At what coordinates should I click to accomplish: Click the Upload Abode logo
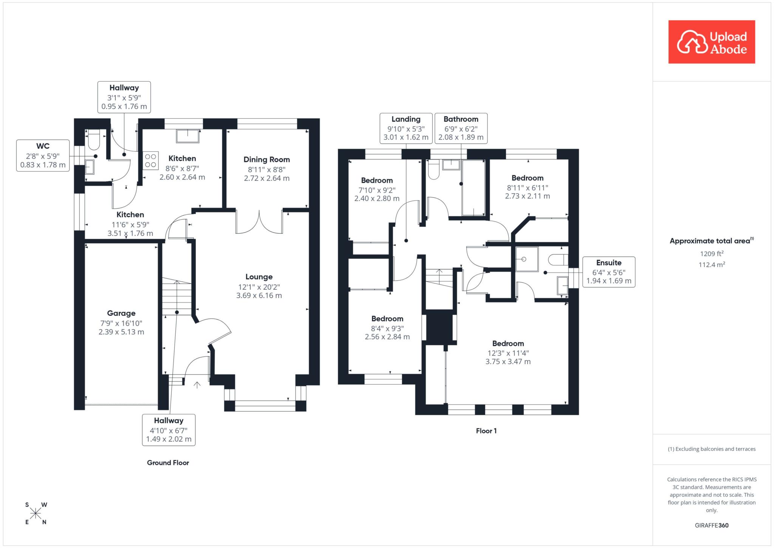tap(711, 42)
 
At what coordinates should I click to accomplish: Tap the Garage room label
tap(121, 313)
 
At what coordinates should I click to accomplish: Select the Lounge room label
tap(259, 277)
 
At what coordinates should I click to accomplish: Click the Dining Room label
tap(266, 160)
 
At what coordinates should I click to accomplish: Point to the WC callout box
tap(43, 155)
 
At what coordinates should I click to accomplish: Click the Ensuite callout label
tap(608, 263)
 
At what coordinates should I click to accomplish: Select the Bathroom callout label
tap(461, 120)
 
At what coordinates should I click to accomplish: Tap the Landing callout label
tap(406, 120)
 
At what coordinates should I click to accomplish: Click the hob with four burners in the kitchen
tap(150, 160)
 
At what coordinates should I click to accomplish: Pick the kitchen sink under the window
tap(187, 136)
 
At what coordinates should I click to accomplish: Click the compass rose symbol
tap(36, 513)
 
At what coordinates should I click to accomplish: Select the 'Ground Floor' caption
tap(168, 463)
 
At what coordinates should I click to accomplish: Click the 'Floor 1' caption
tap(486, 431)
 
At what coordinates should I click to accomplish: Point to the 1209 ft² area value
tap(712, 254)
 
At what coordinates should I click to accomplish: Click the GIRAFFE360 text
tap(712, 525)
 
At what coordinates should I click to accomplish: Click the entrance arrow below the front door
tap(197, 385)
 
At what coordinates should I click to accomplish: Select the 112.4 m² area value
tap(712, 265)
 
